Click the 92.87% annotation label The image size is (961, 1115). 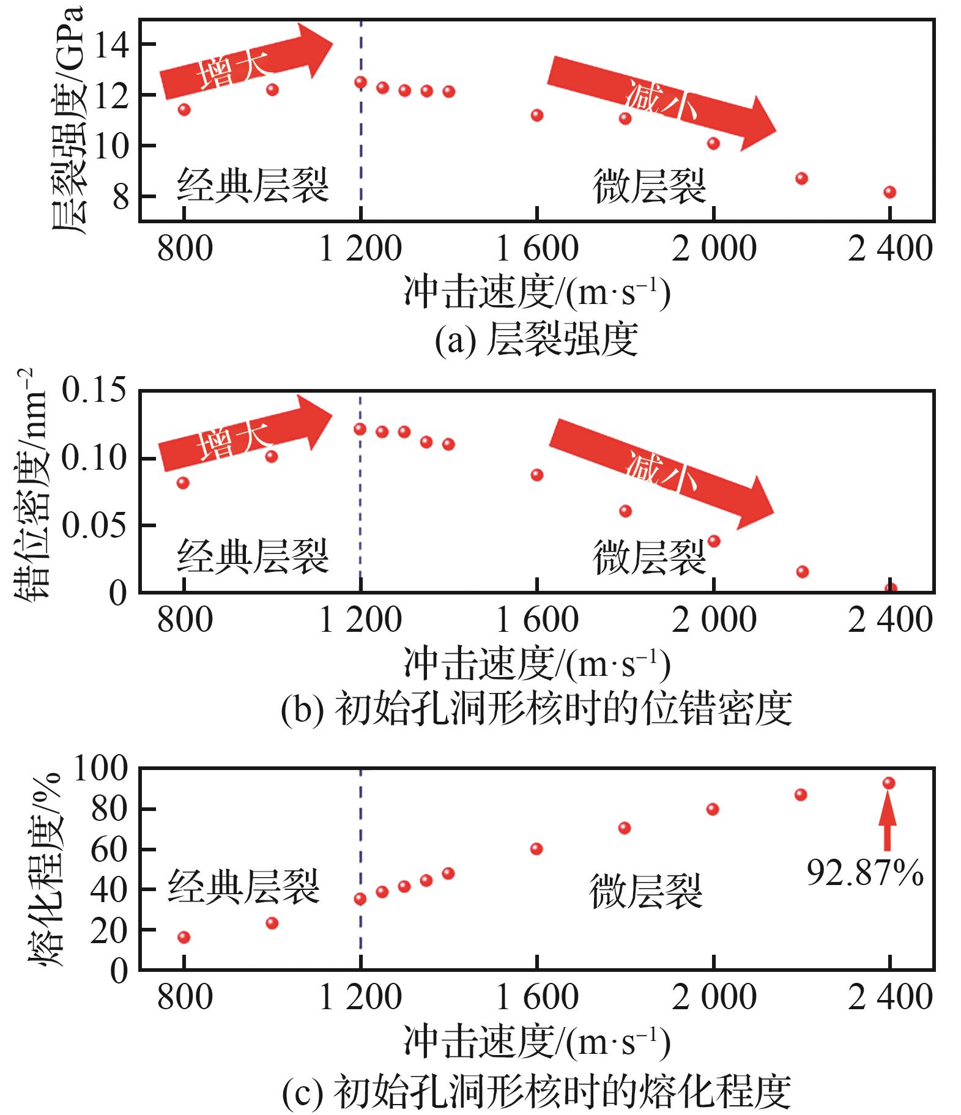tap(864, 873)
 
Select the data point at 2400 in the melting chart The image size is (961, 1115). tap(889, 783)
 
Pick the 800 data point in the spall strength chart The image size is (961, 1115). tap(184, 109)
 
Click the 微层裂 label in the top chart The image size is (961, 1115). tap(649, 186)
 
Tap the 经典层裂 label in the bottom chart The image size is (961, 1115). tap(244, 887)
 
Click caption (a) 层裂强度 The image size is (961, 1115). tap(536, 339)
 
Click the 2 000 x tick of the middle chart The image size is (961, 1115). tap(714, 620)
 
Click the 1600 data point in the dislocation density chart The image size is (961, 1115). tap(536, 475)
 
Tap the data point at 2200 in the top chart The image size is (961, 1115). tap(801, 179)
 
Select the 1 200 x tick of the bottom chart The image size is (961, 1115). tap(360, 998)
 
